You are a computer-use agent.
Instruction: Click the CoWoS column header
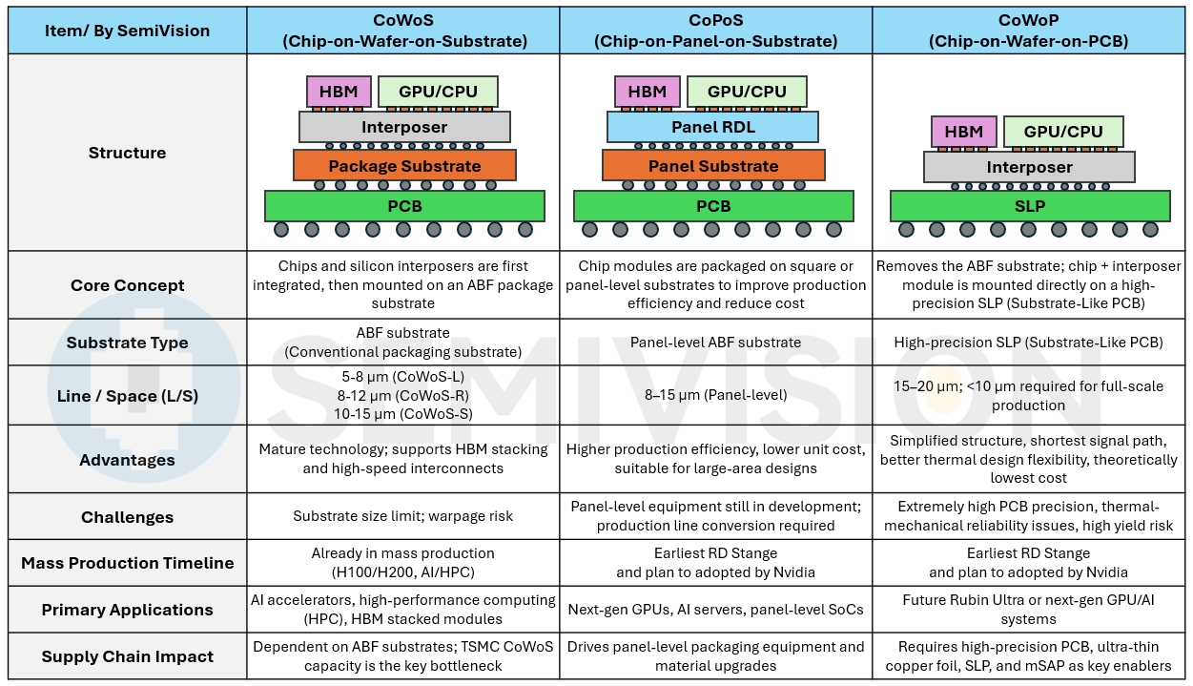click(x=403, y=31)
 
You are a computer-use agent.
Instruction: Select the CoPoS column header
click(x=715, y=31)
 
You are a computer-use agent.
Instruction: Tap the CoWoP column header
click(x=1030, y=31)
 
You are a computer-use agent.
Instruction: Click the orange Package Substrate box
click(x=404, y=166)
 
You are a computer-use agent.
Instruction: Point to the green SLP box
click(x=1030, y=206)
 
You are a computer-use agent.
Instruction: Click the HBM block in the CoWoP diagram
click(x=963, y=132)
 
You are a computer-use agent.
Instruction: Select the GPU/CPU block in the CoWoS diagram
click(x=438, y=92)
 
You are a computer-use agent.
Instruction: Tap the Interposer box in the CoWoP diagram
click(x=1029, y=167)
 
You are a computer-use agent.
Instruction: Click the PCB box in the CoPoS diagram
click(x=713, y=206)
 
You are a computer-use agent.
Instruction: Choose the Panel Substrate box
click(x=713, y=166)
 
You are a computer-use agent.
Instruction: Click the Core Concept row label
click(x=128, y=285)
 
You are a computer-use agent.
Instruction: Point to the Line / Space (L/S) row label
click(x=128, y=395)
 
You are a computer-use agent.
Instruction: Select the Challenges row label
click(x=128, y=517)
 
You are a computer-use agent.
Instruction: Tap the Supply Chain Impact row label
click(x=128, y=656)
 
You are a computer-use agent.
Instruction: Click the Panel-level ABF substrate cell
click(x=715, y=343)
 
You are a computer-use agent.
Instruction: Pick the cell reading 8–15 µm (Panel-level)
click(x=715, y=395)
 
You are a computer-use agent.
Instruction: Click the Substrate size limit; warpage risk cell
click(x=403, y=517)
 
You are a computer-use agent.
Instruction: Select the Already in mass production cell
click(x=403, y=563)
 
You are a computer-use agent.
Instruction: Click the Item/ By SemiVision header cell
click(x=128, y=31)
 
